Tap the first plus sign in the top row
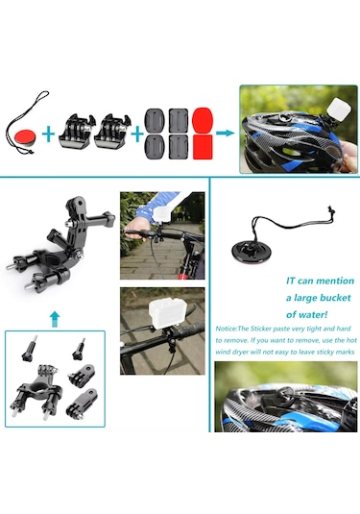coord(49,134)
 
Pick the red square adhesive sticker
coord(203,147)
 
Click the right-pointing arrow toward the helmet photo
coord(225,134)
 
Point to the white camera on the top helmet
coord(338,110)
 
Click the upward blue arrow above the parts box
coord(55,319)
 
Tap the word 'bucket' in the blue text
coord(334,298)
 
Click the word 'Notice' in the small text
coord(227,329)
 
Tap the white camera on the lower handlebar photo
coord(164,311)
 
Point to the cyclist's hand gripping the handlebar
coord(135,228)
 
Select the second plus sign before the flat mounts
coord(137,134)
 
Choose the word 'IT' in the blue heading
coord(291,281)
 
